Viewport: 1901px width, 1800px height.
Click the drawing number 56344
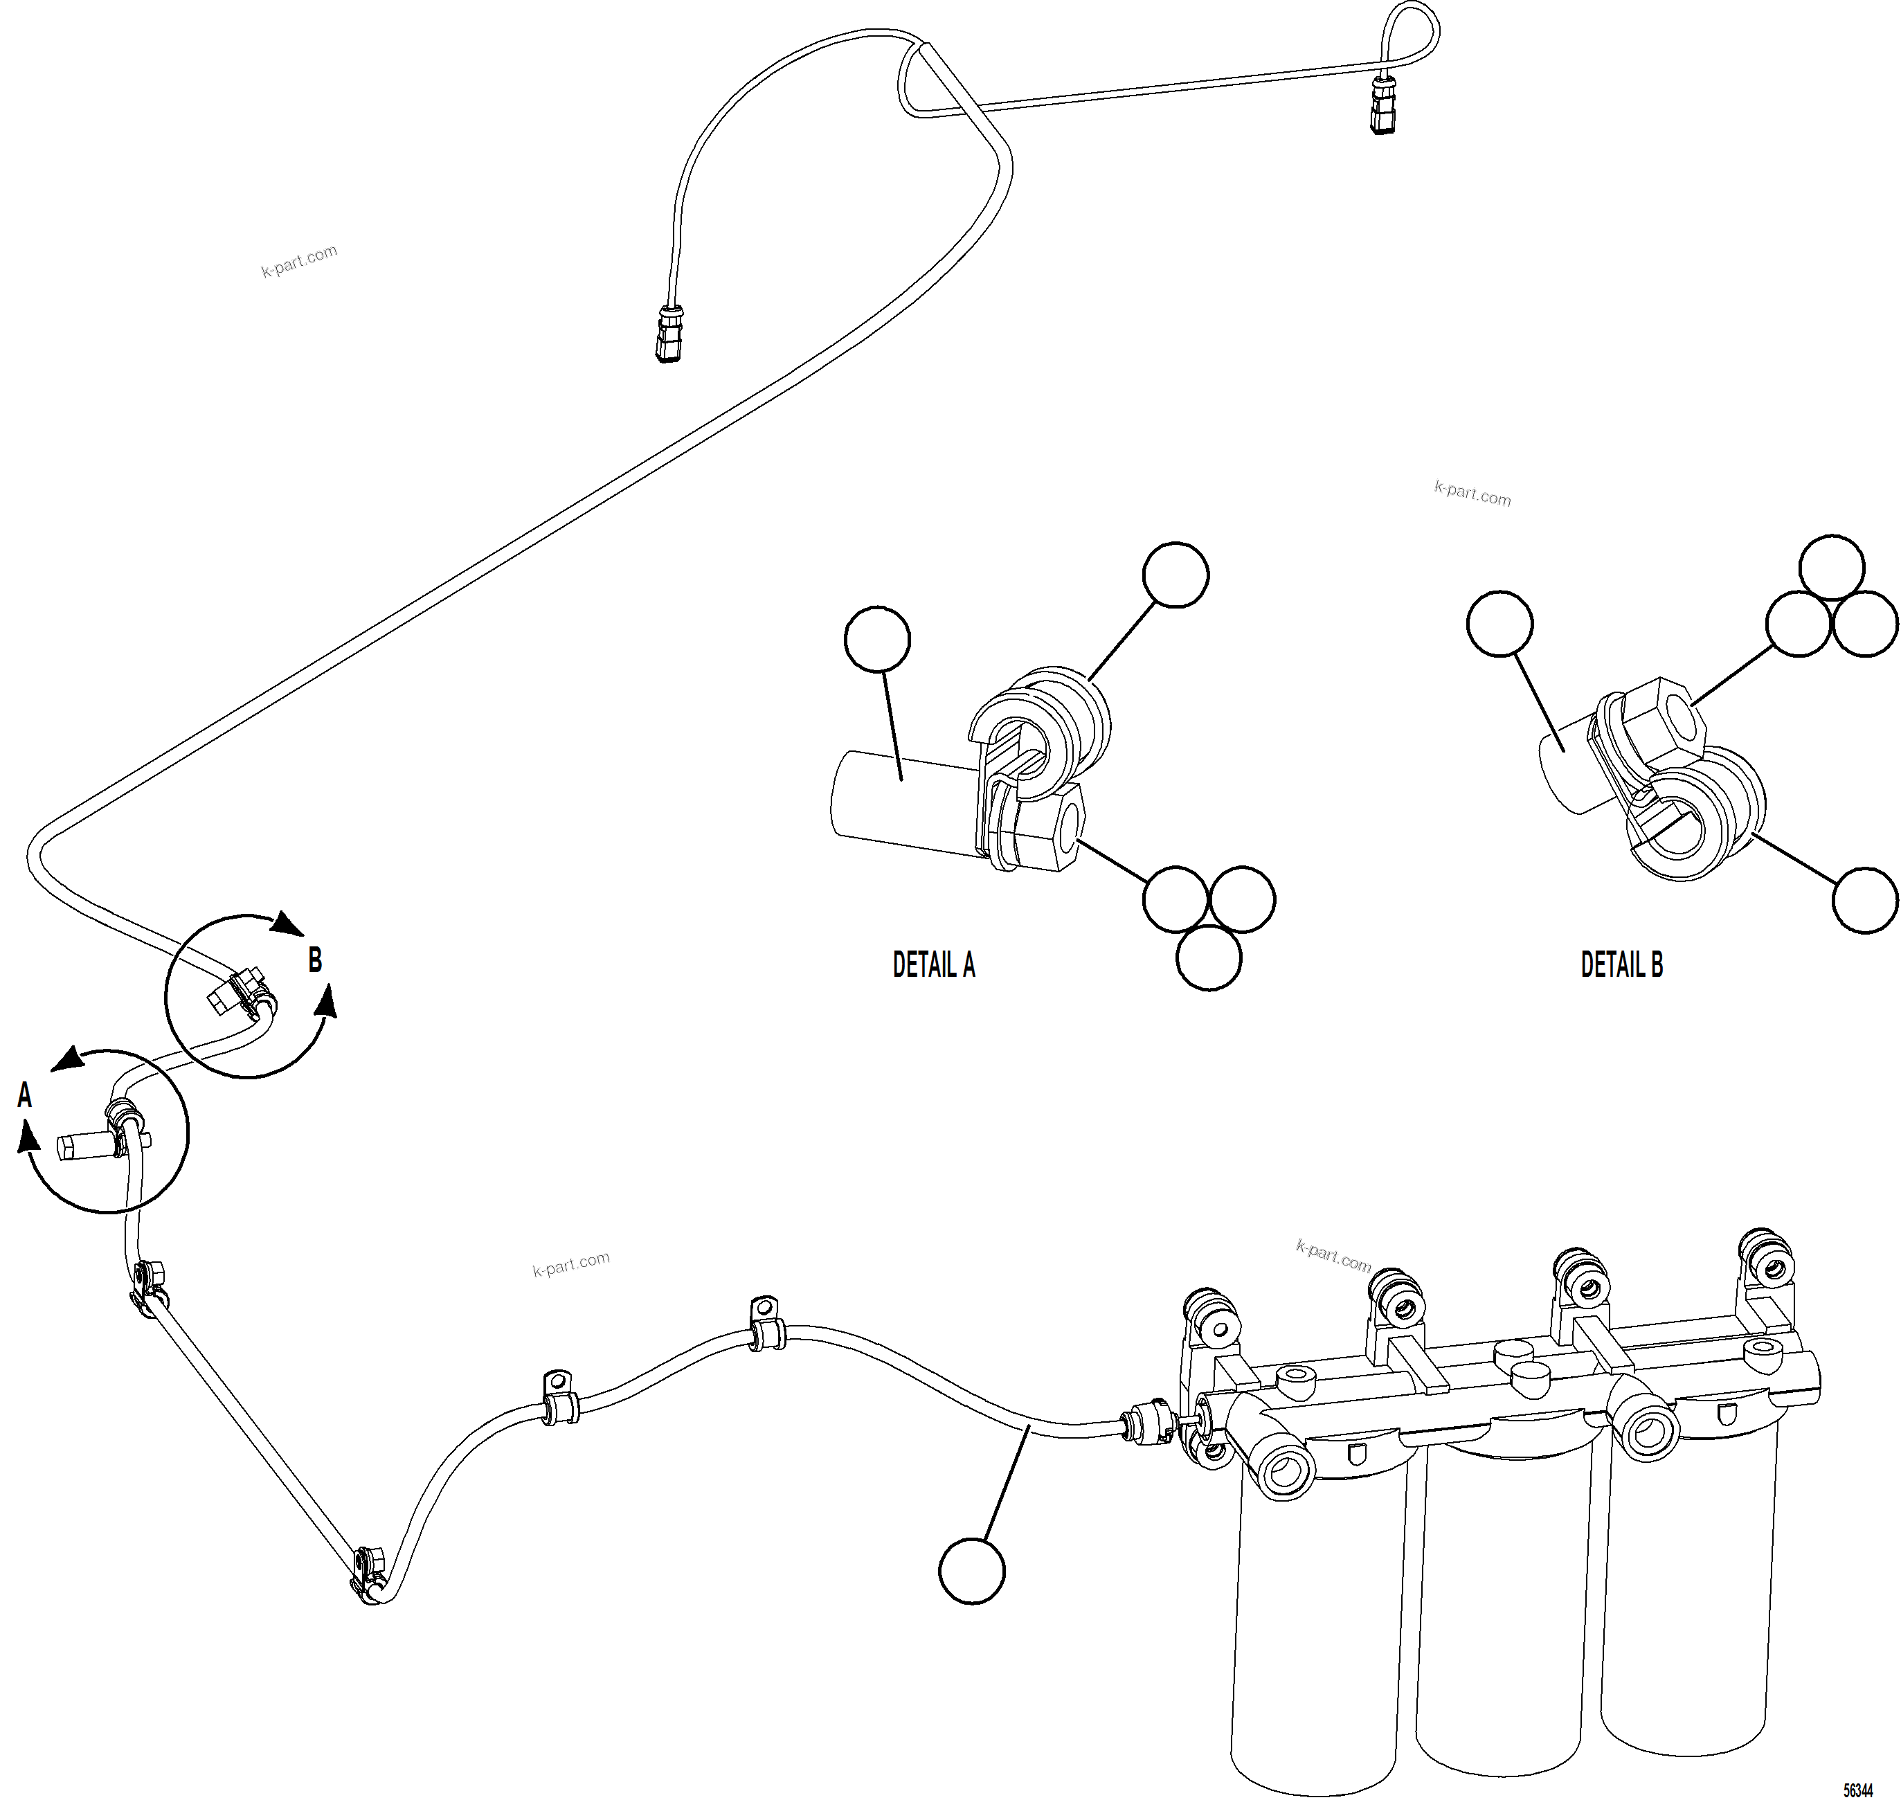(x=1858, y=1790)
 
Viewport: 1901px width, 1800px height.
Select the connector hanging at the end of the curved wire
(x=669, y=332)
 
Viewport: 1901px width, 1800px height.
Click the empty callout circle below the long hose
(x=971, y=1572)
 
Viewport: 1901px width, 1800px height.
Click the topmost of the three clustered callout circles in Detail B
(x=1831, y=567)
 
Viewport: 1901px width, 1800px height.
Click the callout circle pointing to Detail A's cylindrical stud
(x=877, y=638)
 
